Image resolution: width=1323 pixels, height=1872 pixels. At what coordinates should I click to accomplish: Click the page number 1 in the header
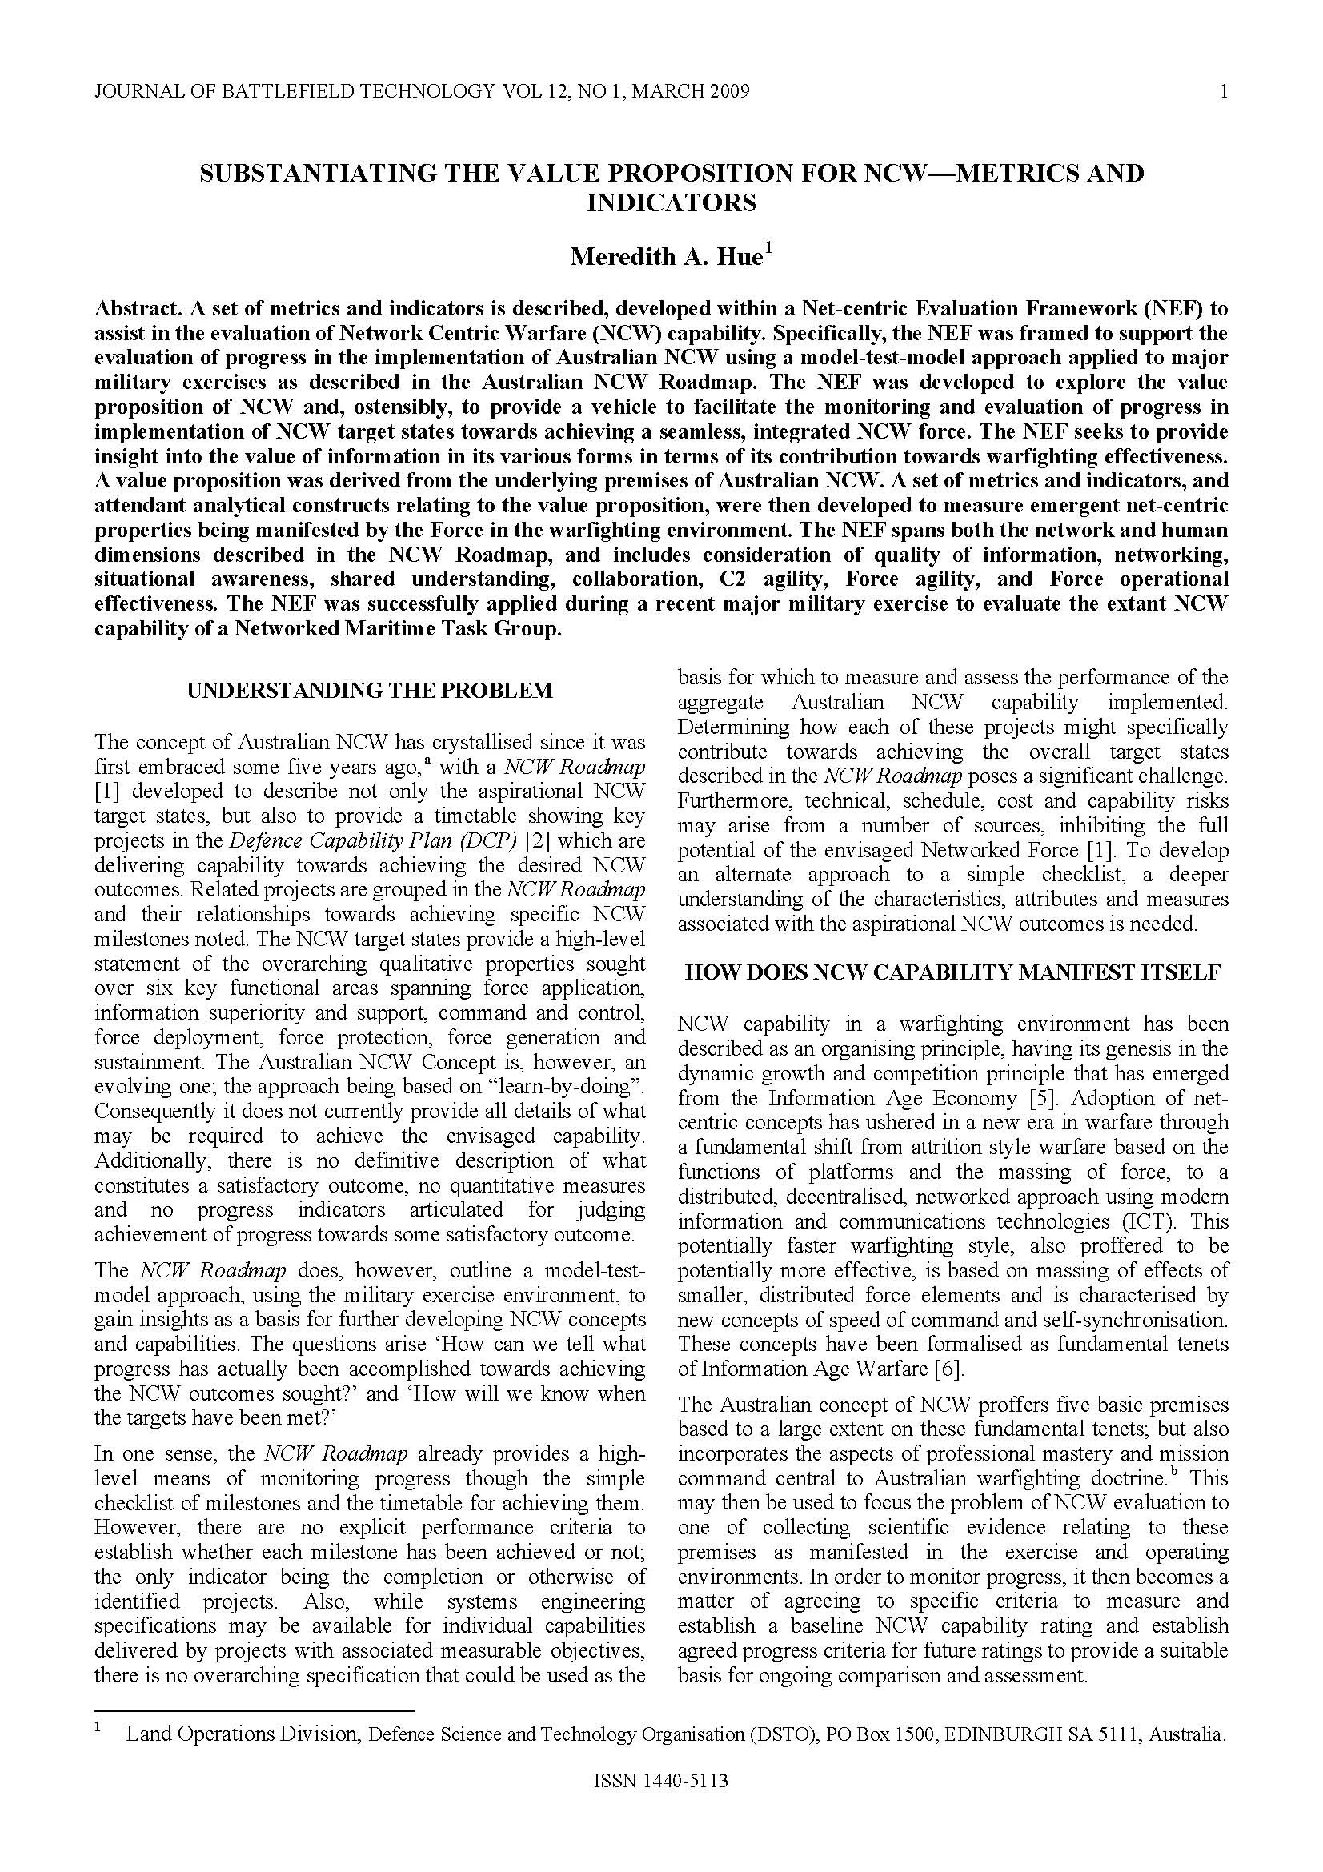[1224, 91]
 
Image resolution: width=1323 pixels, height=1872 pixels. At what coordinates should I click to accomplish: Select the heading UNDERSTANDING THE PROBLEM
[369, 691]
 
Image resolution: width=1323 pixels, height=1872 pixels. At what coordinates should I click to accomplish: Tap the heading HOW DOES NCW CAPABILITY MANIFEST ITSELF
[952, 972]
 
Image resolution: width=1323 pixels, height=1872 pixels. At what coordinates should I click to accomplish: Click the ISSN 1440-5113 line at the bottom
[661, 1803]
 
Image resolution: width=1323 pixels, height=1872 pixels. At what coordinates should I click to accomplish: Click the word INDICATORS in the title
[671, 202]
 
